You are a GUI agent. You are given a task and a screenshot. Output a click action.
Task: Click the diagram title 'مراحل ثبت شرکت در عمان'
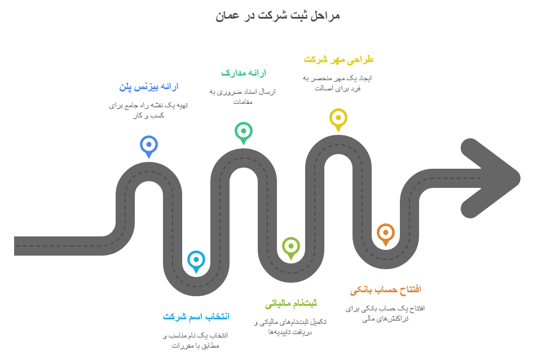277,15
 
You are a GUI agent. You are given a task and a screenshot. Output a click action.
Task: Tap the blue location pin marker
148,144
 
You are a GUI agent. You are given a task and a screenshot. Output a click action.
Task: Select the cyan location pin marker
196,260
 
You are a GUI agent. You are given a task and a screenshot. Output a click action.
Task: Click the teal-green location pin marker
243,131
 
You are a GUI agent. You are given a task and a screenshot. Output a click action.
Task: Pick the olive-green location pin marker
290,246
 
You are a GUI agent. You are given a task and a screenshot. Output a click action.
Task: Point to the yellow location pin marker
338,118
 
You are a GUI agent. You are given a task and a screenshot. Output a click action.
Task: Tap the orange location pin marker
385,232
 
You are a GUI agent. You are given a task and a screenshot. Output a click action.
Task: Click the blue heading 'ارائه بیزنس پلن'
148,87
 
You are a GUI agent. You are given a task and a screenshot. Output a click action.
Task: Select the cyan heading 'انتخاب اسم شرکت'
196,317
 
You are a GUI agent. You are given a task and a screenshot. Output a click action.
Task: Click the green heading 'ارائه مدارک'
243,73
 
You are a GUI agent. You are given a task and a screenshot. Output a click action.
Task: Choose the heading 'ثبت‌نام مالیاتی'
290,304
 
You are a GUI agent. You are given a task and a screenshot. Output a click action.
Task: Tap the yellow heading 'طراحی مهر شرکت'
338,59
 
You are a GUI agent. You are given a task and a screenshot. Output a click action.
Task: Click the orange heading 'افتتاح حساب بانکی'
385,290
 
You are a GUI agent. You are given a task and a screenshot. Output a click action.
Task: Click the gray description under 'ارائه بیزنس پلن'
148,110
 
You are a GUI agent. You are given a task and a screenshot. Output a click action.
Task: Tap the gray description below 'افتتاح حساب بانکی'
385,313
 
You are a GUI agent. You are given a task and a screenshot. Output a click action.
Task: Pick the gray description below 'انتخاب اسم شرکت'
196,340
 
